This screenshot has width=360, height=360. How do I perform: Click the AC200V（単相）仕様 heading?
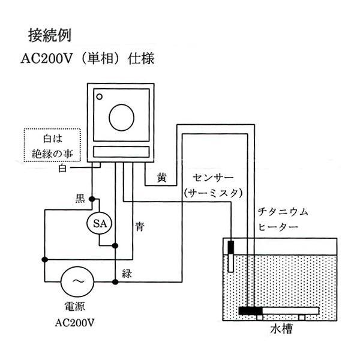(89, 61)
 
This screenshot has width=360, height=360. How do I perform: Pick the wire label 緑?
(127, 274)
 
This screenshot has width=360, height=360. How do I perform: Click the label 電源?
(75, 308)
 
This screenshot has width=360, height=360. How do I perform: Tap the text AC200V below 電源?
(75, 325)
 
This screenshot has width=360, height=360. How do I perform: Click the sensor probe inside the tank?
(232, 254)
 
